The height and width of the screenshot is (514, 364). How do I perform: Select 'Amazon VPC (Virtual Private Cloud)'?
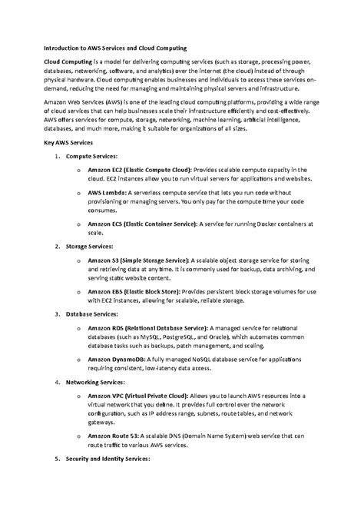(x=136, y=395)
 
